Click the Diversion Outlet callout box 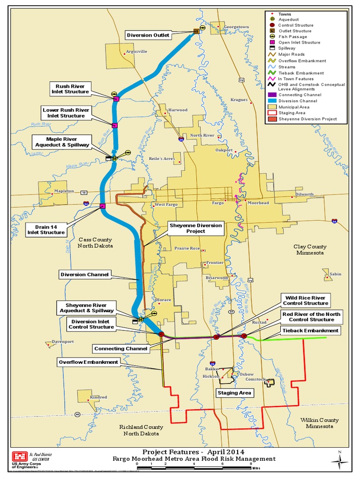tap(148, 35)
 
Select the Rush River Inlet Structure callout tap(72, 89)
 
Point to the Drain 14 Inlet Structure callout tap(46, 229)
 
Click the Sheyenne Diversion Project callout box tap(196, 228)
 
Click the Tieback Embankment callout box tap(310, 330)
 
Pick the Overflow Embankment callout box tap(89, 362)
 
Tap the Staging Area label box tap(234, 393)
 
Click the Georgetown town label tap(236, 27)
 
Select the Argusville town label tap(136, 52)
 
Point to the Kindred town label tap(98, 397)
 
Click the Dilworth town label tap(304, 194)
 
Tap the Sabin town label tap(335, 274)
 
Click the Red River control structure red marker tap(244, 336)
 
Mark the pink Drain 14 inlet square tap(102, 206)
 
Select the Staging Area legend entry tap(292, 113)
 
